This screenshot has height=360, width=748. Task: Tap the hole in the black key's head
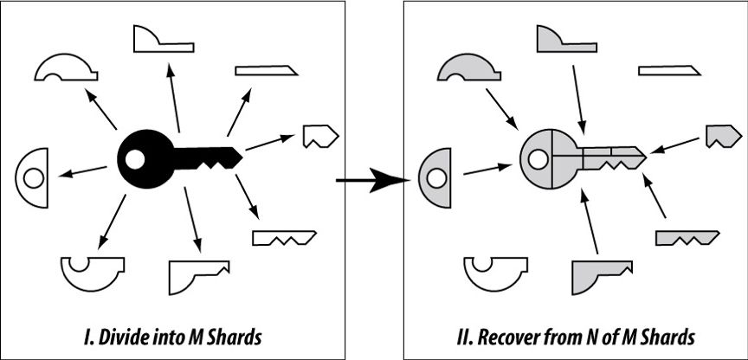[134, 159]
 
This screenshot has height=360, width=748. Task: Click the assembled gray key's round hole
[538, 159]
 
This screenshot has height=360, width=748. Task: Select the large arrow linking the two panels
[372, 180]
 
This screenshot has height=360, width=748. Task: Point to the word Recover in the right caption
[506, 337]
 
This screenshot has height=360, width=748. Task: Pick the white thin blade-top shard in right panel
[669, 71]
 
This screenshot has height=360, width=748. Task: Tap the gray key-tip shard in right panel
[723, 134]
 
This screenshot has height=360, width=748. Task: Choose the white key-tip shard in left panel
[319, 134]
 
